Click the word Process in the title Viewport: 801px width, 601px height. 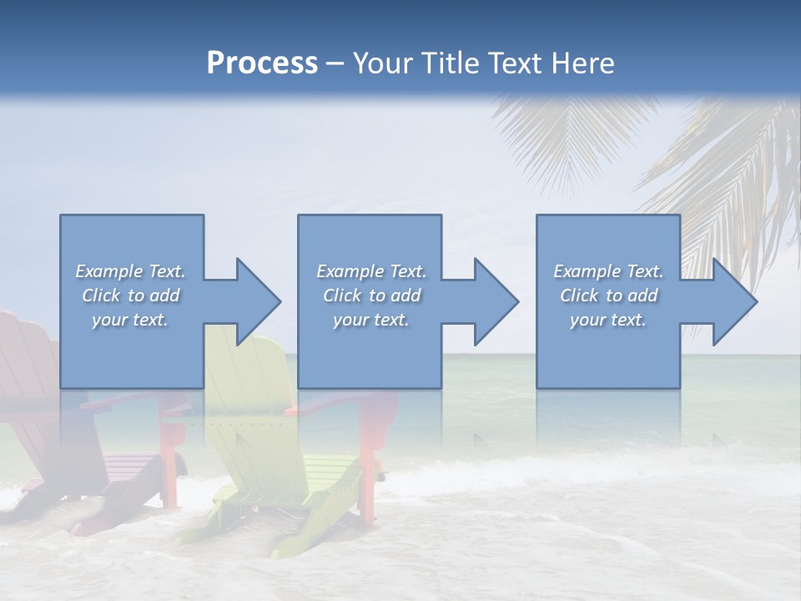[x=262, y=63]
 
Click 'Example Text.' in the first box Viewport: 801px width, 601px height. [x=131, y=271]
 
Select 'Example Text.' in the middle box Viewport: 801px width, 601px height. [x=370, y=271]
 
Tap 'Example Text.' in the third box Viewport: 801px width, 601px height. [x=608, y=271]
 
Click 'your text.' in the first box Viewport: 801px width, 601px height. [x=131, y=320]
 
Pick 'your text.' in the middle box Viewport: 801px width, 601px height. [x=370, y=320]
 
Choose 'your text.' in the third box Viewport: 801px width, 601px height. [x=608, y=320]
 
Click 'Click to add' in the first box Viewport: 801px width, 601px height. [x=131, y=295]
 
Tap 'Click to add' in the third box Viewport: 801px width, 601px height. [x=608, y=295]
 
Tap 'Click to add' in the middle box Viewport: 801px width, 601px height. [x=370, y=295]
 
